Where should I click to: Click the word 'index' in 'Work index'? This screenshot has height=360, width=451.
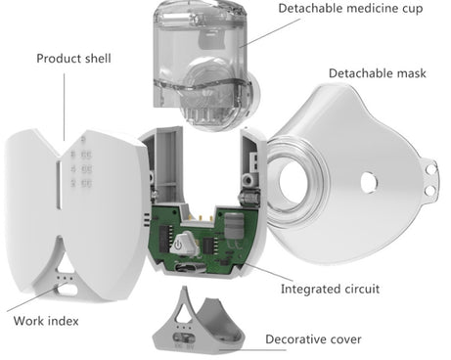click(x=65, y=320)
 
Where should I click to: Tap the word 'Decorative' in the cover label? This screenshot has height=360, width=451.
click(x=297, y=339)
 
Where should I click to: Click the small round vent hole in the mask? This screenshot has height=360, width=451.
click(x=370, y=181)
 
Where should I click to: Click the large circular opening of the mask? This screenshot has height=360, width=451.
click(x=297, y=177)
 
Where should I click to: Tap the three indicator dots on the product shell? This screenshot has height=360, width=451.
click(x=65, y=277)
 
